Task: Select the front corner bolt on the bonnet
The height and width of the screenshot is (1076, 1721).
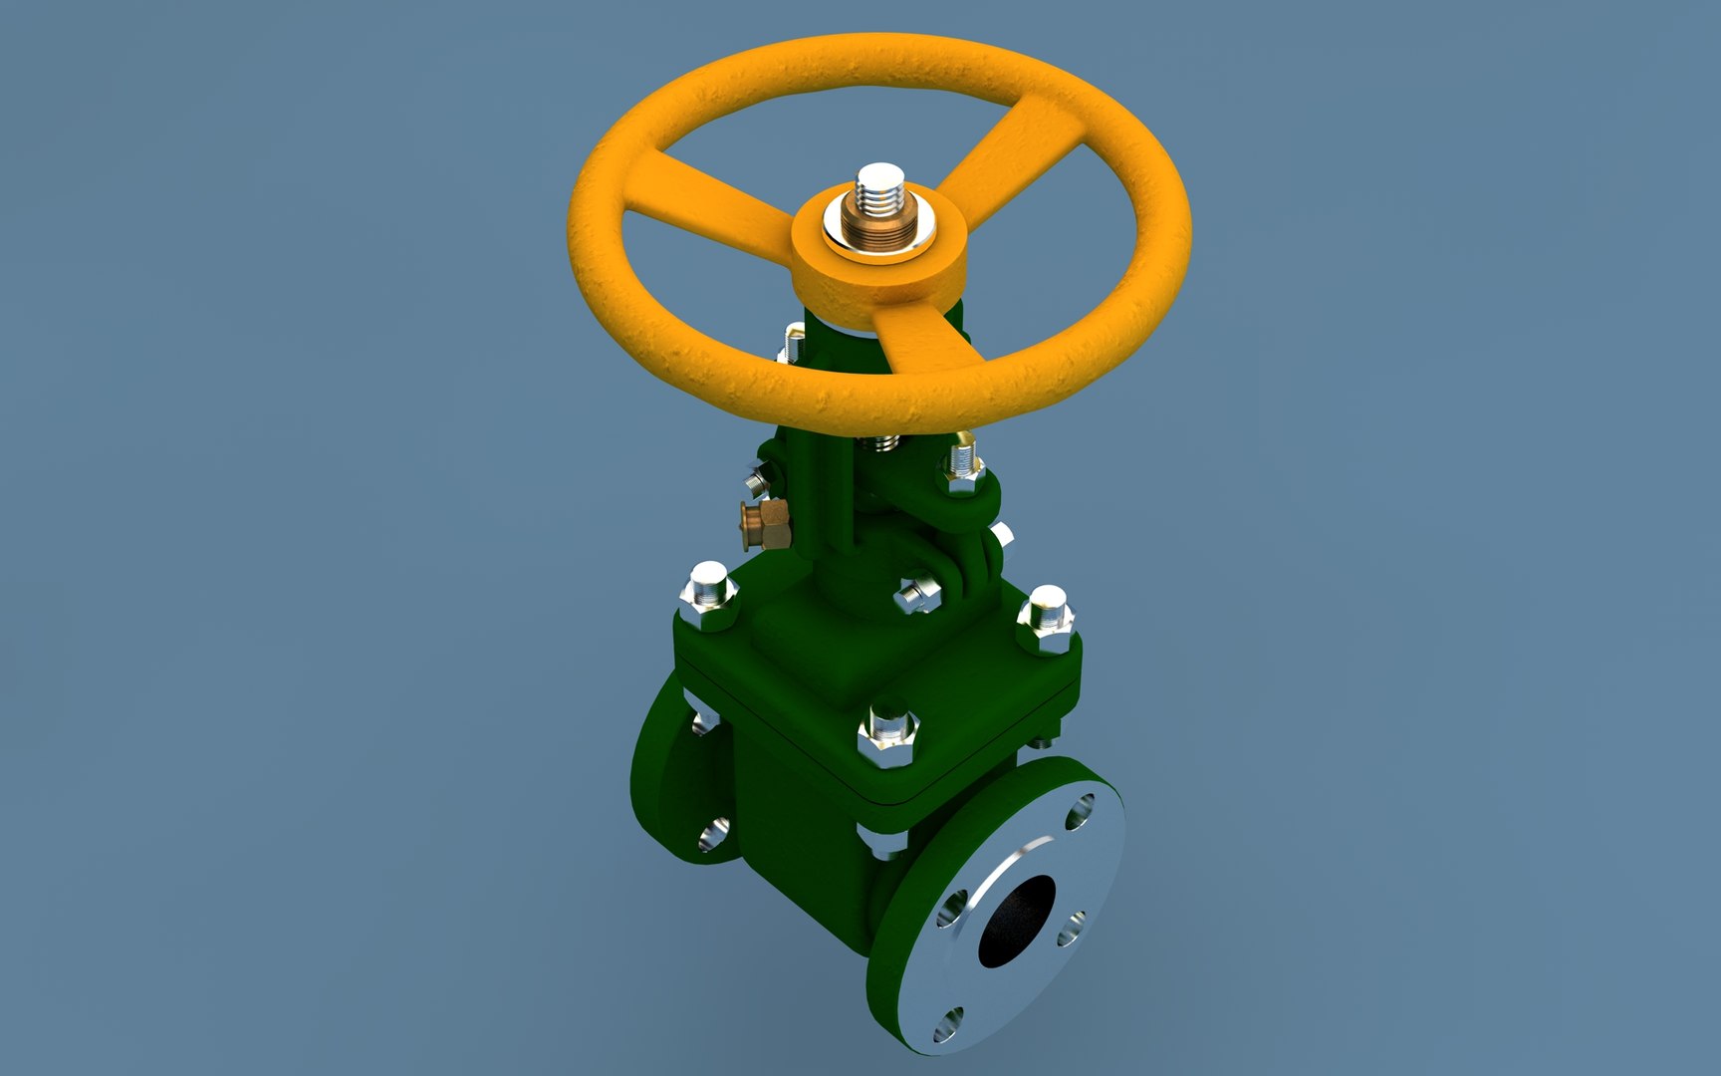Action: (x=887, y=737)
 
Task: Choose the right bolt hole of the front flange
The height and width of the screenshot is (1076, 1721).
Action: (x=1071, y=933)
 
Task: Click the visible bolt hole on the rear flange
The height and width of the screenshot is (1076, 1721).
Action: (x=713, y=835)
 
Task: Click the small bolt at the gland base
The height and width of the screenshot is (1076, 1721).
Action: (x=915, y=596)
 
